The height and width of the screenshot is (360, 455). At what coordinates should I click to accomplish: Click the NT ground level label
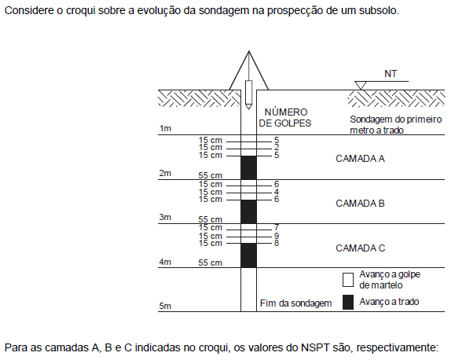(x=391, y=74)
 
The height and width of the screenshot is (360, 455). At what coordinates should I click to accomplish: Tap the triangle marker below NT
(x=361, y=86)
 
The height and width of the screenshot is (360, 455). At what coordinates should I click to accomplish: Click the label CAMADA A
(x=360, y=159)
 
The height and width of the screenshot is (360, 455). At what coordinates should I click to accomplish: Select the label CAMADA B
(x=360, y=204)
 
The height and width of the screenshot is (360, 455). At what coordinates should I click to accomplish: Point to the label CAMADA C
(x=361, y=248)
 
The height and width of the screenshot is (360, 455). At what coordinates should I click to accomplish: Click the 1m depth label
(x=165, y=128)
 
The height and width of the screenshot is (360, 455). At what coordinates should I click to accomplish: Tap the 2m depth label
(x=165, y=173)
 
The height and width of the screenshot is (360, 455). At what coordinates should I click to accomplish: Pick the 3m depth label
(x=165, y=217)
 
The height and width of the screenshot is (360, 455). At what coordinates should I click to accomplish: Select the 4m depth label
(x=165, y=262)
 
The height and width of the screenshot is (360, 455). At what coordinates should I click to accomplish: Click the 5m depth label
(x=165, y=306)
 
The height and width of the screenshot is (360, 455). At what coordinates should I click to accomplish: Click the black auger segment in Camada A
(x=248, y=167)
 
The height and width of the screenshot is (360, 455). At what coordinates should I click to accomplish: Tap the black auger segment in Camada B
(x=248, y=211)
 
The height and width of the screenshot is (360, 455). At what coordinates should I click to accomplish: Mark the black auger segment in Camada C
(x=248, y=255)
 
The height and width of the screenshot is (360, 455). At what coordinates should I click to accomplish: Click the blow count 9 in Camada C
(x=277, y=236)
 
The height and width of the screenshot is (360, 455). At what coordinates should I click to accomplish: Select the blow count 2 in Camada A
(x=277, y=148)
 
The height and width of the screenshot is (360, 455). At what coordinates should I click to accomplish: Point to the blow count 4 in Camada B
(x=277, y=192)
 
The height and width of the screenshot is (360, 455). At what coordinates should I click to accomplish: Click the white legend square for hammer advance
(x=348, y=280)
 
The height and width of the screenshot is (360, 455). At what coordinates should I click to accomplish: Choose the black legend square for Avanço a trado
(x=348, y=302)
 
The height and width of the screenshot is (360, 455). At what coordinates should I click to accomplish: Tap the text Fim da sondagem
(x=295, y=303)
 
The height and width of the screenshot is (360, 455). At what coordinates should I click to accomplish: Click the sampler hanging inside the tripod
(x=248, y=94)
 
